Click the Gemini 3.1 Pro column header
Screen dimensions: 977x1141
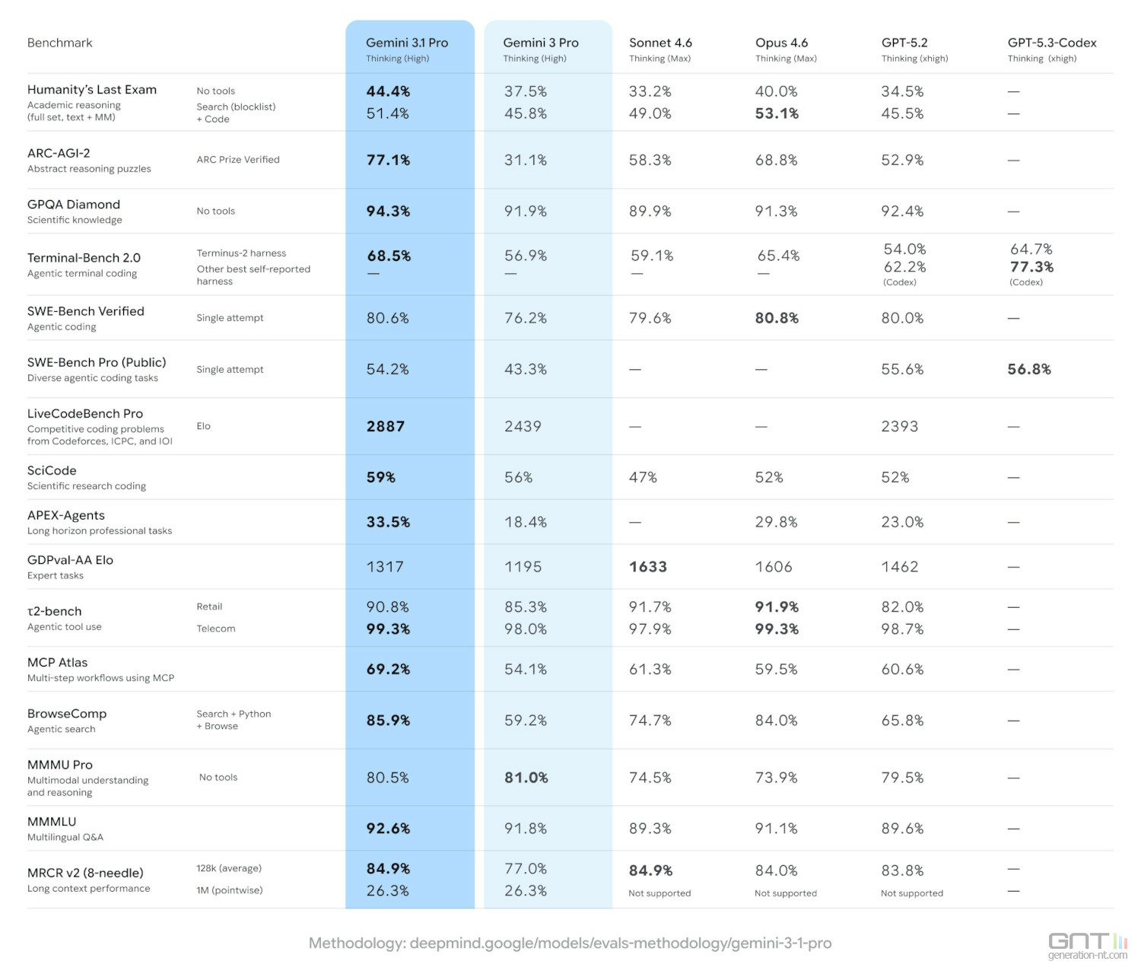pos(407,43)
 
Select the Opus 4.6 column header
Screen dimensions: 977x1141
pos(781,43)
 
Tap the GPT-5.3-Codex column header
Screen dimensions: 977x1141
pos(1052,43)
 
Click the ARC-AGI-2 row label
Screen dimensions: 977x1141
pos(59,153)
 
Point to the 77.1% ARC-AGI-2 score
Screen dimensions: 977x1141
pos(388,161)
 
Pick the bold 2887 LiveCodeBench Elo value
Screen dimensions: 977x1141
pos(386,427)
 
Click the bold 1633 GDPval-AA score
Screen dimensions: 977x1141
pos(648,567)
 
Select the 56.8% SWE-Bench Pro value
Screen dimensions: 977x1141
pos(1029,370)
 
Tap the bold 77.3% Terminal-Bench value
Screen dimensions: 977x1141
pos(1031,267)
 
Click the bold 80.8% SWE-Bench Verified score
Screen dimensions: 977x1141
pos(777,318)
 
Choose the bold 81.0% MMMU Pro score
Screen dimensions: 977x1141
pos(526,778)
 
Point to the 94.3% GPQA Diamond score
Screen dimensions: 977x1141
pos(388,212)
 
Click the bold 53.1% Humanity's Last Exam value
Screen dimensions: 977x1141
pos(777,113)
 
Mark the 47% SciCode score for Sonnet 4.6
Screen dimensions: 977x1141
pos(643,478)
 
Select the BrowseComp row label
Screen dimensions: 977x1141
pos(67,714)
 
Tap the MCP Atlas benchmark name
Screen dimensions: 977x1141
pos(58,663)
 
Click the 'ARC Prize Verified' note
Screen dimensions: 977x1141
pos(238,160)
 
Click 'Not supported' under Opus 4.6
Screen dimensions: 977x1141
pos(786,893)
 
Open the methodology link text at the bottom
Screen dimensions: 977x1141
pos(570,944)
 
